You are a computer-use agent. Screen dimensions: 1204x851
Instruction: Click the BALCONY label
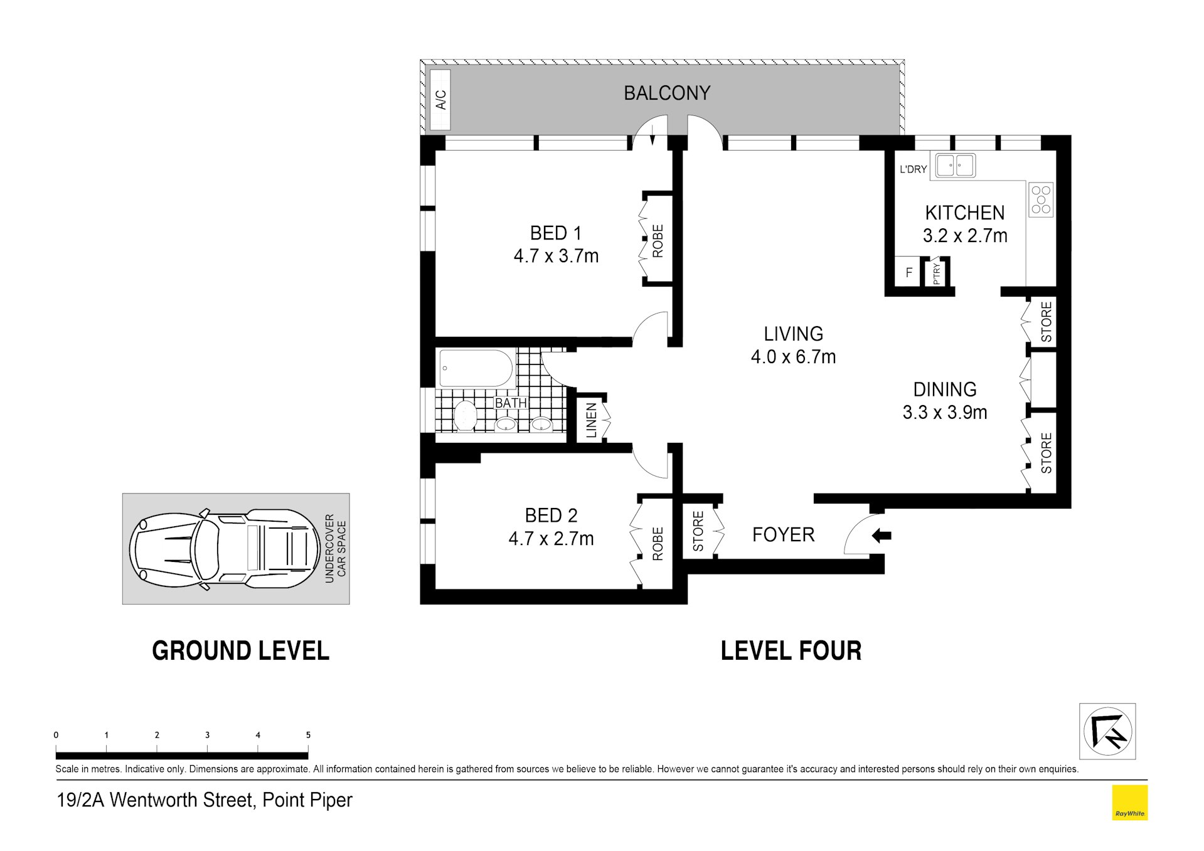667,93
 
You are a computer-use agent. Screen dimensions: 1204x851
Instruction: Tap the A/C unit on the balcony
440,100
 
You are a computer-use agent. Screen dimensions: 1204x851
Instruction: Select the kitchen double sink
956,166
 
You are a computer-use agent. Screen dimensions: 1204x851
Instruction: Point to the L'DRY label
913,169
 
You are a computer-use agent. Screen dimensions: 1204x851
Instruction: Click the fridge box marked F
908,273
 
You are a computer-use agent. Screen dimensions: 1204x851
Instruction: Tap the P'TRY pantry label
937,273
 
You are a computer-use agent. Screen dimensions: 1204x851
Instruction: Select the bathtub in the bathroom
476,368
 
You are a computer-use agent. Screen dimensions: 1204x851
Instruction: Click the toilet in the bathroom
465,416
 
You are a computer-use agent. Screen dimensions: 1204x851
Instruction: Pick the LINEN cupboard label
591,420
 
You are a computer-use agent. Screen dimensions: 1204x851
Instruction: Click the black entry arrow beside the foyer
882,536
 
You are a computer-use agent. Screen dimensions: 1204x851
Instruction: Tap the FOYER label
783,535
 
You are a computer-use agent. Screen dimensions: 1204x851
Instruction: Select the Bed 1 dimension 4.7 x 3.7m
556,256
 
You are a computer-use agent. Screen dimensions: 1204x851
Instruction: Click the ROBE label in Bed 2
658,543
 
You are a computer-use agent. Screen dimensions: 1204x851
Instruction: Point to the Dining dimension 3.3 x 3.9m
945,412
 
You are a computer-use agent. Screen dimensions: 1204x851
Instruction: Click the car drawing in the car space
224,549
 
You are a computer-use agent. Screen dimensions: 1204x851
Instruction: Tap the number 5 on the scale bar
308,735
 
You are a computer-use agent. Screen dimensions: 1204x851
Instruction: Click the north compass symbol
1107,731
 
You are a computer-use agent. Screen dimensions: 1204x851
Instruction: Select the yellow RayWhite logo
1129,803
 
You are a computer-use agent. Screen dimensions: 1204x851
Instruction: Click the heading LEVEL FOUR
791,651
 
